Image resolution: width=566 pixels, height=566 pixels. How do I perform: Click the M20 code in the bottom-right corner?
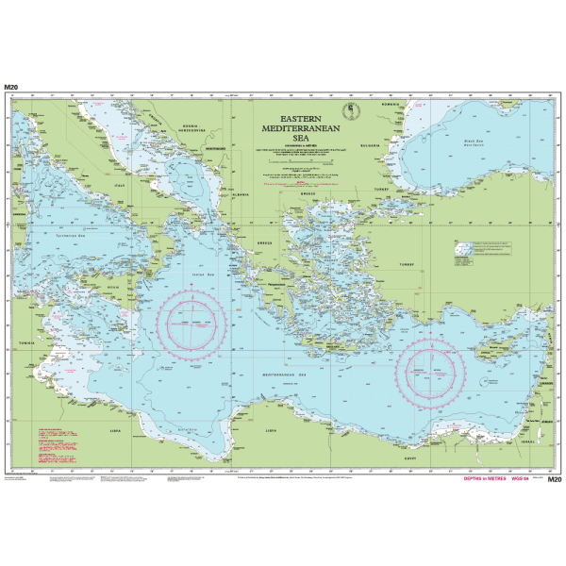coord(554,480)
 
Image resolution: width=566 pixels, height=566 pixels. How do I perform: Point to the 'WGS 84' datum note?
coord(523,480)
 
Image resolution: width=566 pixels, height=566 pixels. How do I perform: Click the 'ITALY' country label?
coord(121,185)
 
